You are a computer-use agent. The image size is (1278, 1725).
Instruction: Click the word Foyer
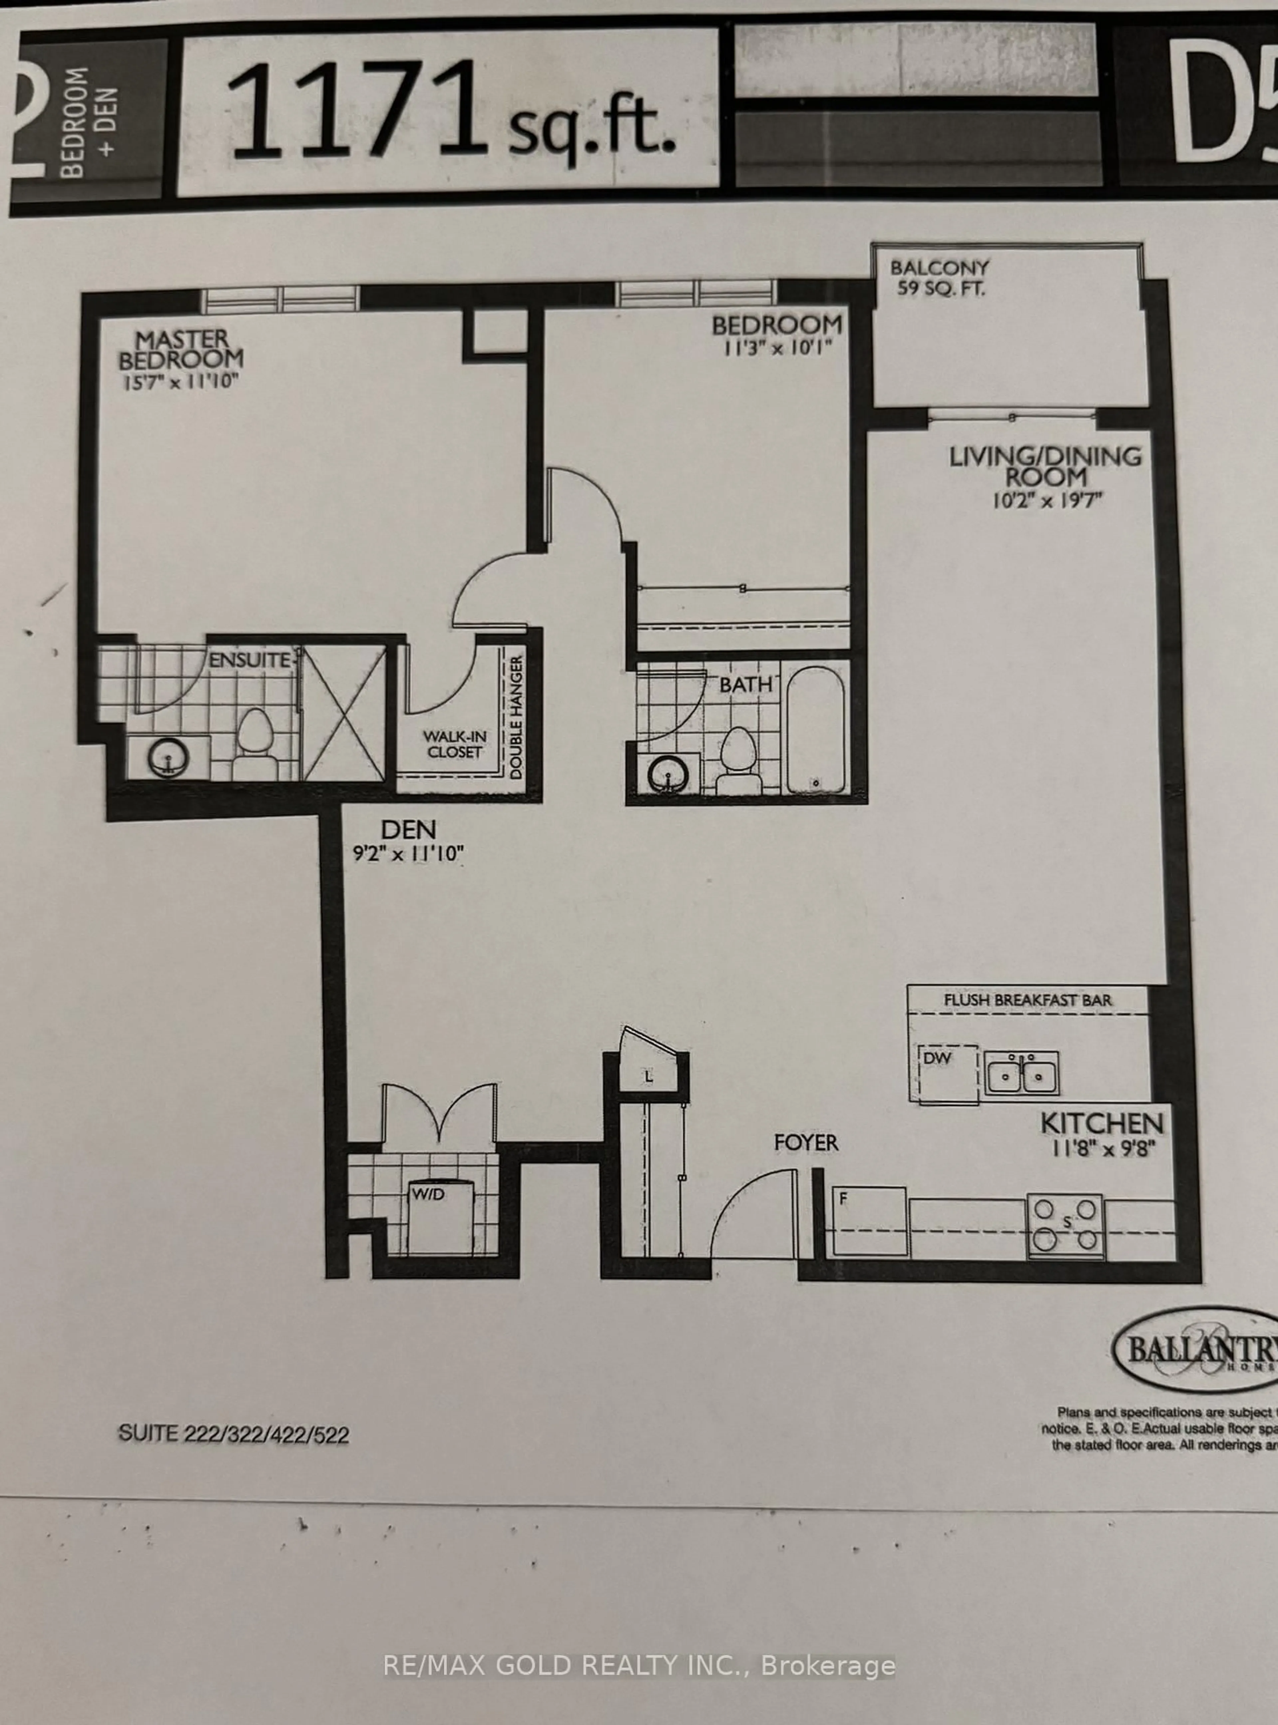click(x=806, y=1142)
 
